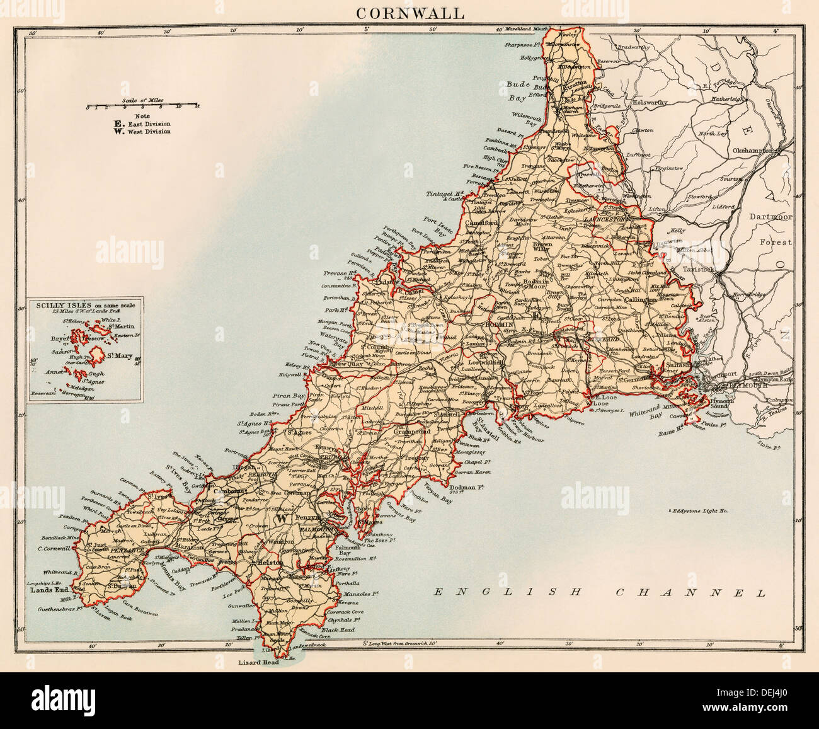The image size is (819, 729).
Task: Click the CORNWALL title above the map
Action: point(409,13)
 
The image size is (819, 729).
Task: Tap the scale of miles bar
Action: point(142,105)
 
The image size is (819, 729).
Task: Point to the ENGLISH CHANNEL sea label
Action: point(599,592)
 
